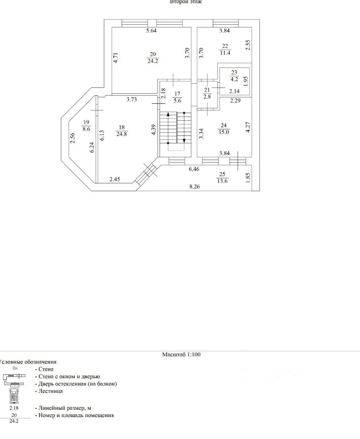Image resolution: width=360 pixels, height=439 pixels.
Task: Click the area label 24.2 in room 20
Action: pyautogui.click(x=153, y=60)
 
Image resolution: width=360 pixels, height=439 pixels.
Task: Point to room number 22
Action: pyautogui.click(x=225, y=46)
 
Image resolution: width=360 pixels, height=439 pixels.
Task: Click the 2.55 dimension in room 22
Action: pyautogui.click(x=247, y=44)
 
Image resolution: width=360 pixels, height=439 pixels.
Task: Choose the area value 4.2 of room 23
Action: pyautogui.click(x=234, y=78)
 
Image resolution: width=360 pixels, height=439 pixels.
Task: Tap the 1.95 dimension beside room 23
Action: pyautogui.click(x=246, y=81)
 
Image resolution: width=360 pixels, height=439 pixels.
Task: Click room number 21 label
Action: pyautogui.click(x=206, y=90)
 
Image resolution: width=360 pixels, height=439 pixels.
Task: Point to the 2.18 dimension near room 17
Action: pyautogui.click(x=163, y=94)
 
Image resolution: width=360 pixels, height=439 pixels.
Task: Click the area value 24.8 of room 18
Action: pyautogui.click(x=122, y=134)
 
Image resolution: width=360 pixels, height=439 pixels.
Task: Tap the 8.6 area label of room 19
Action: pyautogui.click(x=86, y=129)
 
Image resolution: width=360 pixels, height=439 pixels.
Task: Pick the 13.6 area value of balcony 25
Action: pyautogui.click(x=222, y=181)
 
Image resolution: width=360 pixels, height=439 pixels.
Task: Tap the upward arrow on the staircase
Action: pyautogui.click(x=168, y=114)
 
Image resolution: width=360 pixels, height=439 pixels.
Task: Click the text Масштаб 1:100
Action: pyautogui.click(x=182, y=354)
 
